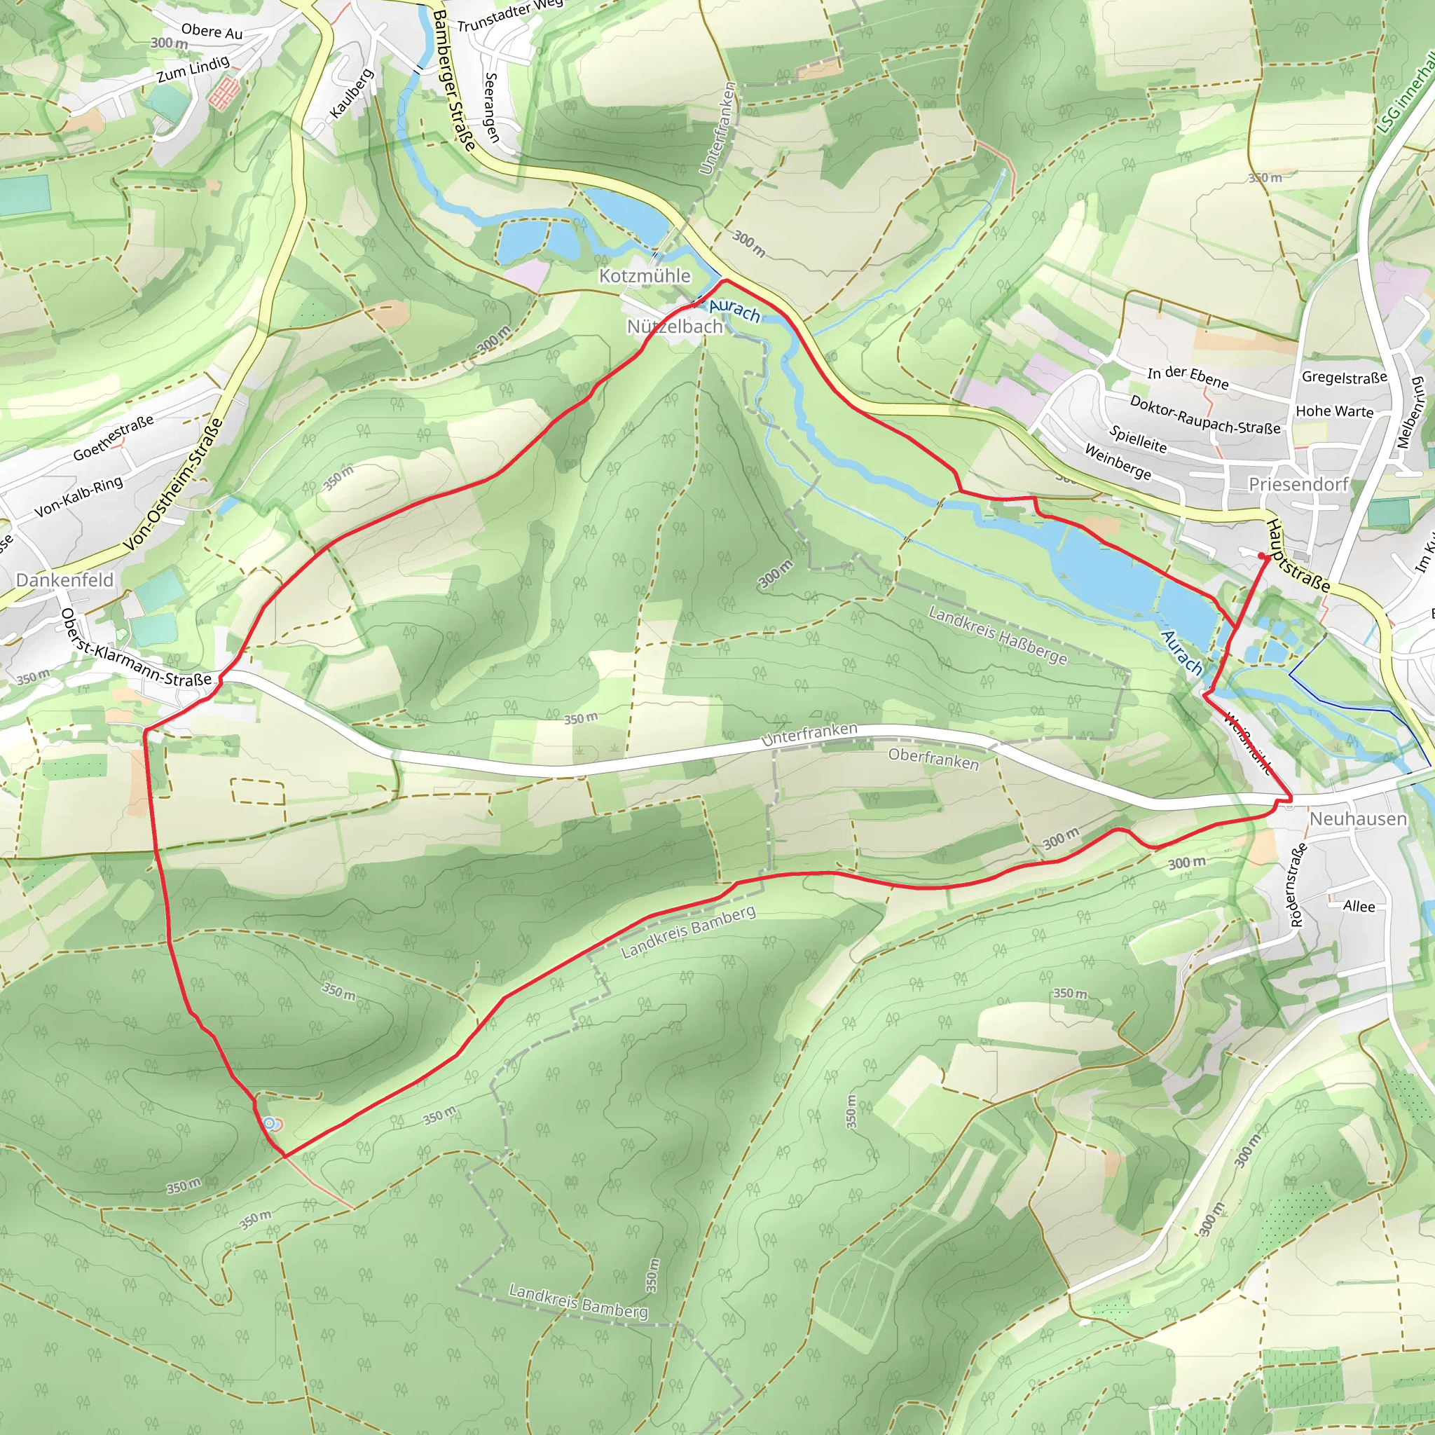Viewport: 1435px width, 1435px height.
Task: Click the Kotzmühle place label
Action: point(645,275)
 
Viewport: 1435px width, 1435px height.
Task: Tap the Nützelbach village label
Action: point(675,327)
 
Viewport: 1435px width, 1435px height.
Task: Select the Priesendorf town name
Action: point(1298,484)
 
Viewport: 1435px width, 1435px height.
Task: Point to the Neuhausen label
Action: point(1358,818)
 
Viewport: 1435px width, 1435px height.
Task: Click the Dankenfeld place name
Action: point(64,580)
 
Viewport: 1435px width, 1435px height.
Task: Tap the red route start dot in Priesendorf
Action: point(1262,556)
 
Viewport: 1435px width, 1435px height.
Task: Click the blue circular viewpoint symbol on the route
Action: point(270,1124)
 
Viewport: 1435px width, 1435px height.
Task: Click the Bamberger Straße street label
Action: point(454,80)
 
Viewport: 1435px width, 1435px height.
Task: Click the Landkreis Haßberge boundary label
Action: point(998,636)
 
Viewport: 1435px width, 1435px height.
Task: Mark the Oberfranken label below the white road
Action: point(933,759)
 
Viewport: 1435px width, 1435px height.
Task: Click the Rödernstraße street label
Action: point(1298,886)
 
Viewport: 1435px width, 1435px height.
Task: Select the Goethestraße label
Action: point(113,438)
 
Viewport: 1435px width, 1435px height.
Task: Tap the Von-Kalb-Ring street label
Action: point(78,497)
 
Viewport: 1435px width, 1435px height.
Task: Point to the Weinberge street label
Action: point(1118,462)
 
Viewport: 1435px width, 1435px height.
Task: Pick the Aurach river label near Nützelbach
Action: point(734,310)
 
